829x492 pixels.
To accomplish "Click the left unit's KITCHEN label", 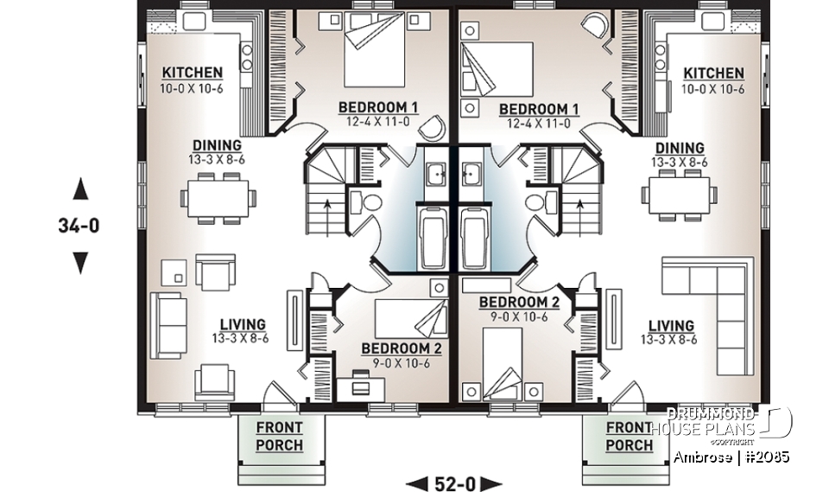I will click(193, 73).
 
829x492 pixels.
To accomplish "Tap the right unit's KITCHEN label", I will click(713, 73).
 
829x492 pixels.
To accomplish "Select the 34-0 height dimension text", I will click(80, 227).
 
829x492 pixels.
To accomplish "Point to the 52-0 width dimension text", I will click(454, 482).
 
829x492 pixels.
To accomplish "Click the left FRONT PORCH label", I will click(279, 436).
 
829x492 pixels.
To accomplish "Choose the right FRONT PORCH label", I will click(629, 436).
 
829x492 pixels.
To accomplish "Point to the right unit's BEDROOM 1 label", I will click(539, 109).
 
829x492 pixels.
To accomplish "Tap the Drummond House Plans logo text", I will click(712, 422).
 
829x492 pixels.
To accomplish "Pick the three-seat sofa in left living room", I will click(168, 324).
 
